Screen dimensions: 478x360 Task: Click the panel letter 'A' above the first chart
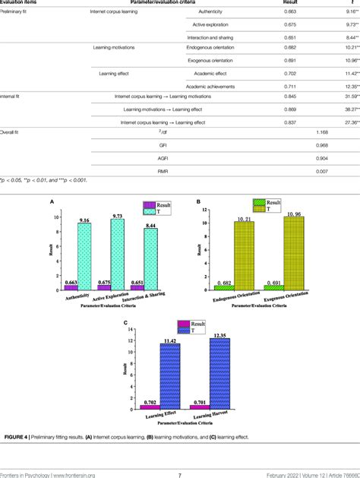pyautogui.click(x=51, y=203)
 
